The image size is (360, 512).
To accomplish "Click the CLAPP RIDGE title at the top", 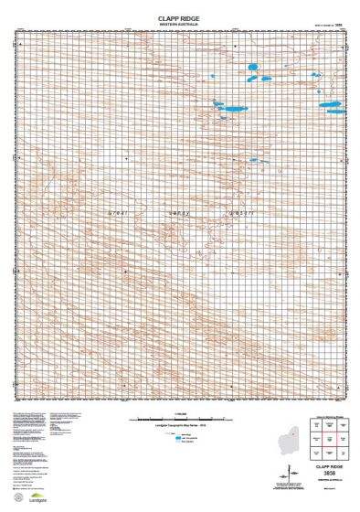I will point(179,16).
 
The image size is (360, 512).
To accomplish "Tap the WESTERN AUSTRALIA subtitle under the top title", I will point(179,24).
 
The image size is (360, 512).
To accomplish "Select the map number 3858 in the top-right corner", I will point(337,25).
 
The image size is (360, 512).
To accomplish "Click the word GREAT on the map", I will point(120,213).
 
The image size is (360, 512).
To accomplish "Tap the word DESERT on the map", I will point(238,213).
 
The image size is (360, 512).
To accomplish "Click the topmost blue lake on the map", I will point(254,67).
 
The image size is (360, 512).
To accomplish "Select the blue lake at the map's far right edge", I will point(330,106).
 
